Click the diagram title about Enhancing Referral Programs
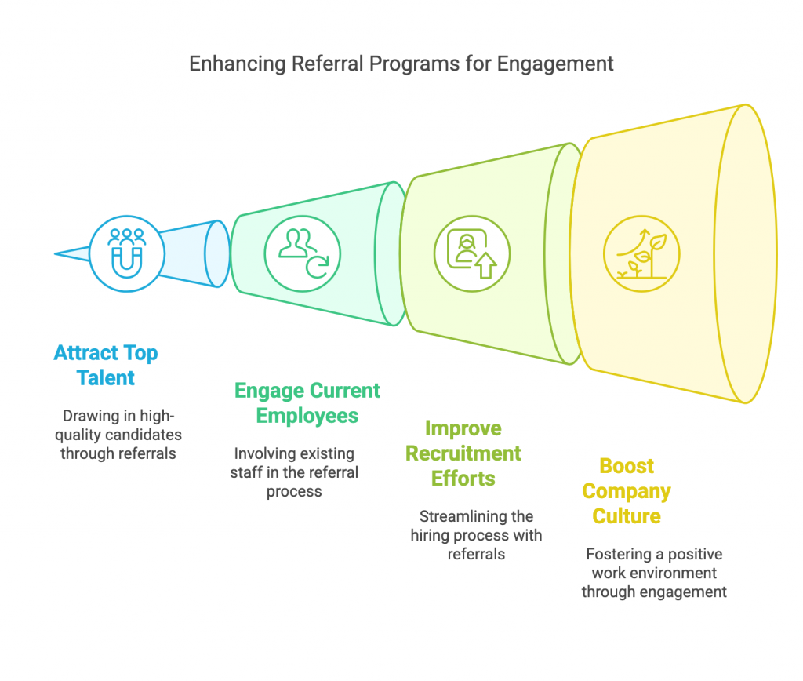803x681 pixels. (401, 64)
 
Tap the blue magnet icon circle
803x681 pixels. (127, 254)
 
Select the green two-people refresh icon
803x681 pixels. (303, 254)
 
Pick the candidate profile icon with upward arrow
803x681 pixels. (472, 254)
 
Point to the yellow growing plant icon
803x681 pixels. (641, 254)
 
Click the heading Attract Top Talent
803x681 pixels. (106, 366)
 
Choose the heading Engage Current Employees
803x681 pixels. (307, 403)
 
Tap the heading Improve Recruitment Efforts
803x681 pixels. (463, 453)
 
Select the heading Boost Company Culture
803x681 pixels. (627, 491)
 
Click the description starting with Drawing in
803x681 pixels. (119, 435)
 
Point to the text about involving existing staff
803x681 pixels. (294, 472)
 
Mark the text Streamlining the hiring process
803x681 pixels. (476, 535)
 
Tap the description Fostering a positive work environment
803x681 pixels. (654, 573)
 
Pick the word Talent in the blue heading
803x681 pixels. (106, 378)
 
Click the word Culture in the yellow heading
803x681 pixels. (627, 516)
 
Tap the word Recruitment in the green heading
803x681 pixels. (463, 453)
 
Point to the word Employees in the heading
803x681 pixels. (307, 416)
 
